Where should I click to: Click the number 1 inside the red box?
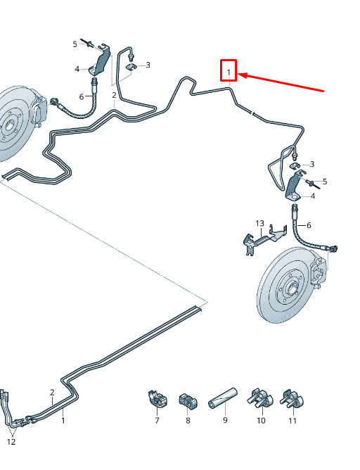click(229, 72)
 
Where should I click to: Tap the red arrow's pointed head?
click(240, 75)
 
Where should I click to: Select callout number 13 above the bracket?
click(260, 223)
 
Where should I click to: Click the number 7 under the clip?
click(157, 420)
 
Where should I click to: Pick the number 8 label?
click(188, 420)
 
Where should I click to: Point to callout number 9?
click(225, 420)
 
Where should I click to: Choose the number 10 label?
click(261, 420)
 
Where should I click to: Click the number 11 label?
click(292, 421)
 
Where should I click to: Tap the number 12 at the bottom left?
click(11, 442)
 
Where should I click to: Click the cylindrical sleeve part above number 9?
click(222, 398)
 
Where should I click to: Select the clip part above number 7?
click(157, 398)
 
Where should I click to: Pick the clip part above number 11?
click(292, 399)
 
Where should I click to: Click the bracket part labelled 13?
click(263, 239)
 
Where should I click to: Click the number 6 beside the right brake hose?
click(309, 225)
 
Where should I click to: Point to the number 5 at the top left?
click(75, 44)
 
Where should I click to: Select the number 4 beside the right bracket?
click(313, 196)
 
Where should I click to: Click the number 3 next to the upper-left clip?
click(148, 65)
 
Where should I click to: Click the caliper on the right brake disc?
click(318, 272)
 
